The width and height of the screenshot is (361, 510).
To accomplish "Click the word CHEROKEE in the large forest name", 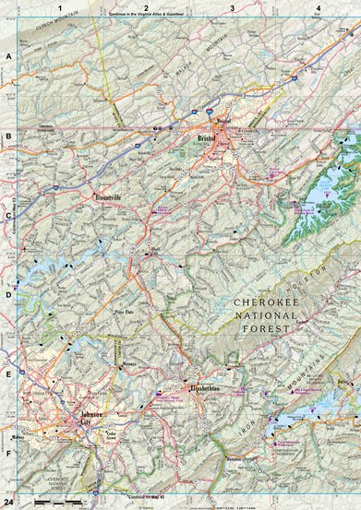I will (265, 302).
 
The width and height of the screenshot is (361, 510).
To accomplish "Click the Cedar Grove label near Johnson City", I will (113, 434).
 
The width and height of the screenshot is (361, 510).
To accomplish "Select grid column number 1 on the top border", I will (58, 6).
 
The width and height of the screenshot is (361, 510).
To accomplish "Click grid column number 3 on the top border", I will (232, 6).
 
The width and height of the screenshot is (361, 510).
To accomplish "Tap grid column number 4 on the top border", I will (318, 6).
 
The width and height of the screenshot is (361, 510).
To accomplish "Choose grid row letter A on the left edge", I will (7, 57).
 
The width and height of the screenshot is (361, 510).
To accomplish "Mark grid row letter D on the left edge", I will (7, 295).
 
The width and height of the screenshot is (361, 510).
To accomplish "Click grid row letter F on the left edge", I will (7, 454).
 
